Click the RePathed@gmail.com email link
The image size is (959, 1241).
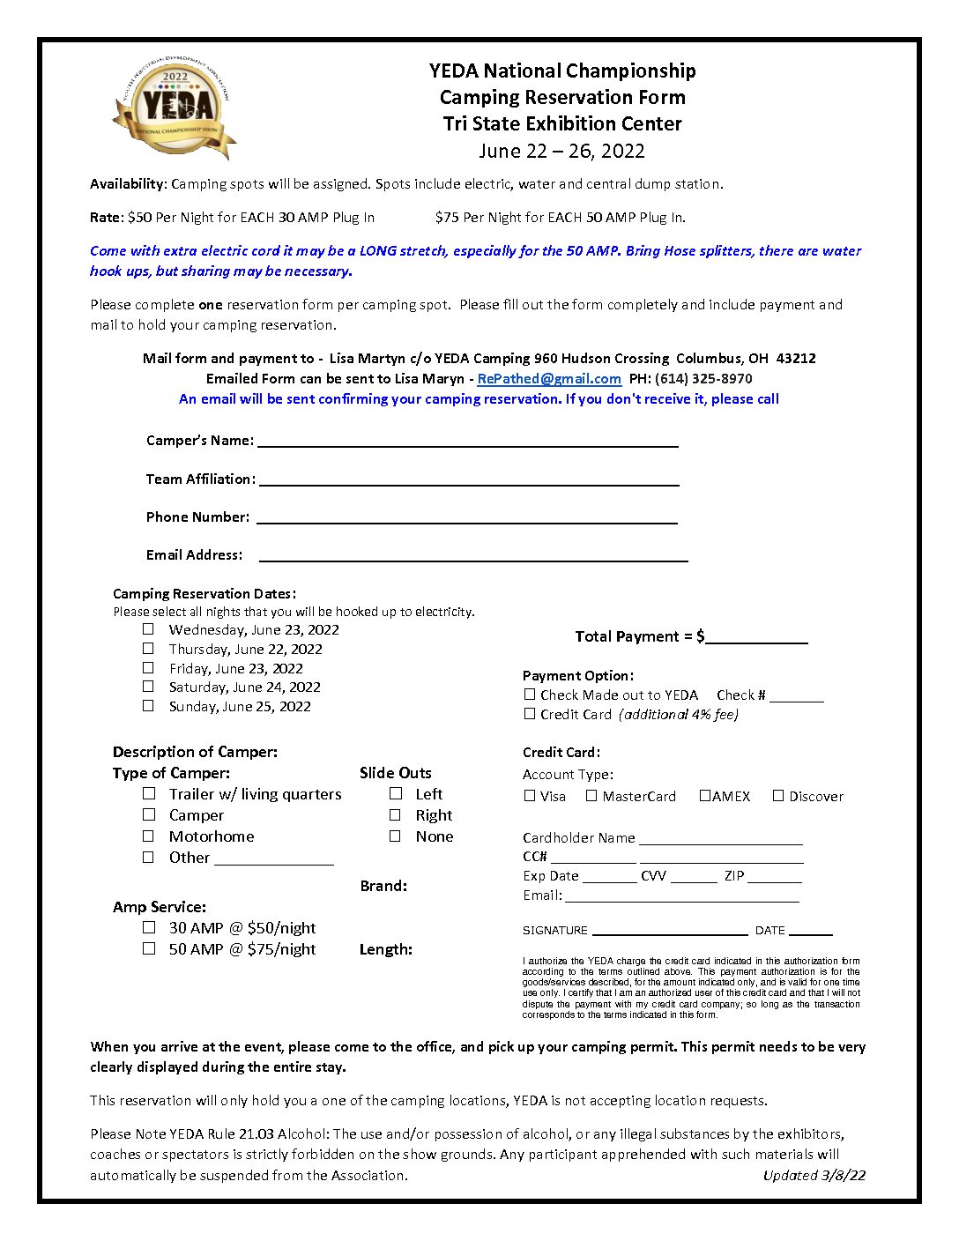coord(549,379)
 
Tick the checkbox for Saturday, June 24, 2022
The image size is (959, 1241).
coord(148,687)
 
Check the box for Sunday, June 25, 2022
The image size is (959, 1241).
coord(148,706)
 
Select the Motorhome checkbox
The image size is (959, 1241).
coord(149,836)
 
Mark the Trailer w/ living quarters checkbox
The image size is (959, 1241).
coord(149,793)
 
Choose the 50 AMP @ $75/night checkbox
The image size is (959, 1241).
coord(149,949)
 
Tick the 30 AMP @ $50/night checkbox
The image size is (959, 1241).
coord(149,927)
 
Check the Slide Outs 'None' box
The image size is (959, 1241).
coord(396,836)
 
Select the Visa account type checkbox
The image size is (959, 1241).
coord(530,796)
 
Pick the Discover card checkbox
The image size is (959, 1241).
coord(778,796)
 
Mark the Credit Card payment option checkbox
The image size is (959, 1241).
coord(530,714)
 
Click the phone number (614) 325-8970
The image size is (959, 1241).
coord(703,379)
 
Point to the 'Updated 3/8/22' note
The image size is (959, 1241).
coord(814,1176)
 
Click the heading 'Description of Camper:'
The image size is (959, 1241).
coord(195,753)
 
